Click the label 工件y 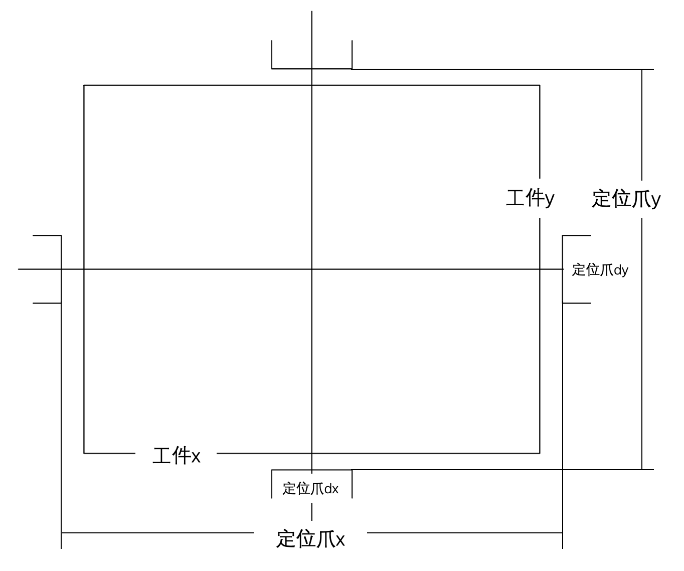530,198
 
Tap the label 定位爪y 626,199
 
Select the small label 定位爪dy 600,270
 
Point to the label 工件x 177,456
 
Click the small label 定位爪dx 310,489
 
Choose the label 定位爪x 310,539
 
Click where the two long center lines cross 312,269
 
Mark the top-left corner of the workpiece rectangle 84,85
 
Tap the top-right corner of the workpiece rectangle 540,85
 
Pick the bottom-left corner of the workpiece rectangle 84,453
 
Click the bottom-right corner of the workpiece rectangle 540,453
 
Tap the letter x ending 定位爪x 340,540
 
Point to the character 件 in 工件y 535,198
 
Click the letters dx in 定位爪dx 331,489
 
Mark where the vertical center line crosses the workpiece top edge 312,85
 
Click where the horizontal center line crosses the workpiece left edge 84,269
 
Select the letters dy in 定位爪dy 621,270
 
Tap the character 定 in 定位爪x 286,539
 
